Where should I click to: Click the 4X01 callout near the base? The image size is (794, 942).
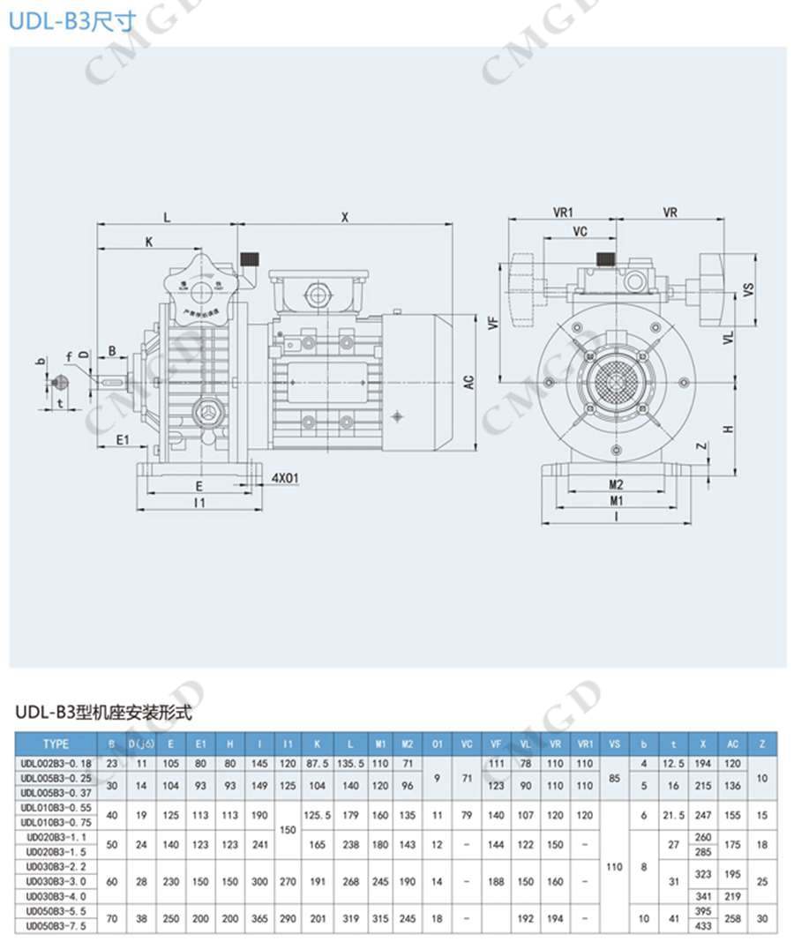pyautogui.click(x=285, y=479)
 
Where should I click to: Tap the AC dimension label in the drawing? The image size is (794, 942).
pyautogui.click(x=470, y=382)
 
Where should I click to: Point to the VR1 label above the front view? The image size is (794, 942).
pyautogui.click(x=564, y=213)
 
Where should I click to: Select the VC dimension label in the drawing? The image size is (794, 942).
pyautogui.click(x=580, y=231)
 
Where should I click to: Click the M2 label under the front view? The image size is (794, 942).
pyautogui.click(x=616, y=484)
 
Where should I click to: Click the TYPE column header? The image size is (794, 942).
pyautogui.click(x=56, y=744)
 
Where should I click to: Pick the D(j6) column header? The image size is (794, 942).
pyautogui.click(x=141, y=744)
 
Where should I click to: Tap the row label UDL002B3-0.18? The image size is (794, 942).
pyautogui.click(x=56, y=762)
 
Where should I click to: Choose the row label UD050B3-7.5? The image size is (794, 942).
pyautogui.click(x=56, y=927)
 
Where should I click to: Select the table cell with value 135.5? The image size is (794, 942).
pyautogui.click(x=350, y=762)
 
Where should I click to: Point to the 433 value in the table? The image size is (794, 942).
pyautogui.click(x=703, y=927)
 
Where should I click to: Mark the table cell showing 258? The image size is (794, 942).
pyautogui.click(x=732, y=918)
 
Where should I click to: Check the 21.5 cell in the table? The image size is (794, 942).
pyautogui.click(x=674, y=816)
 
